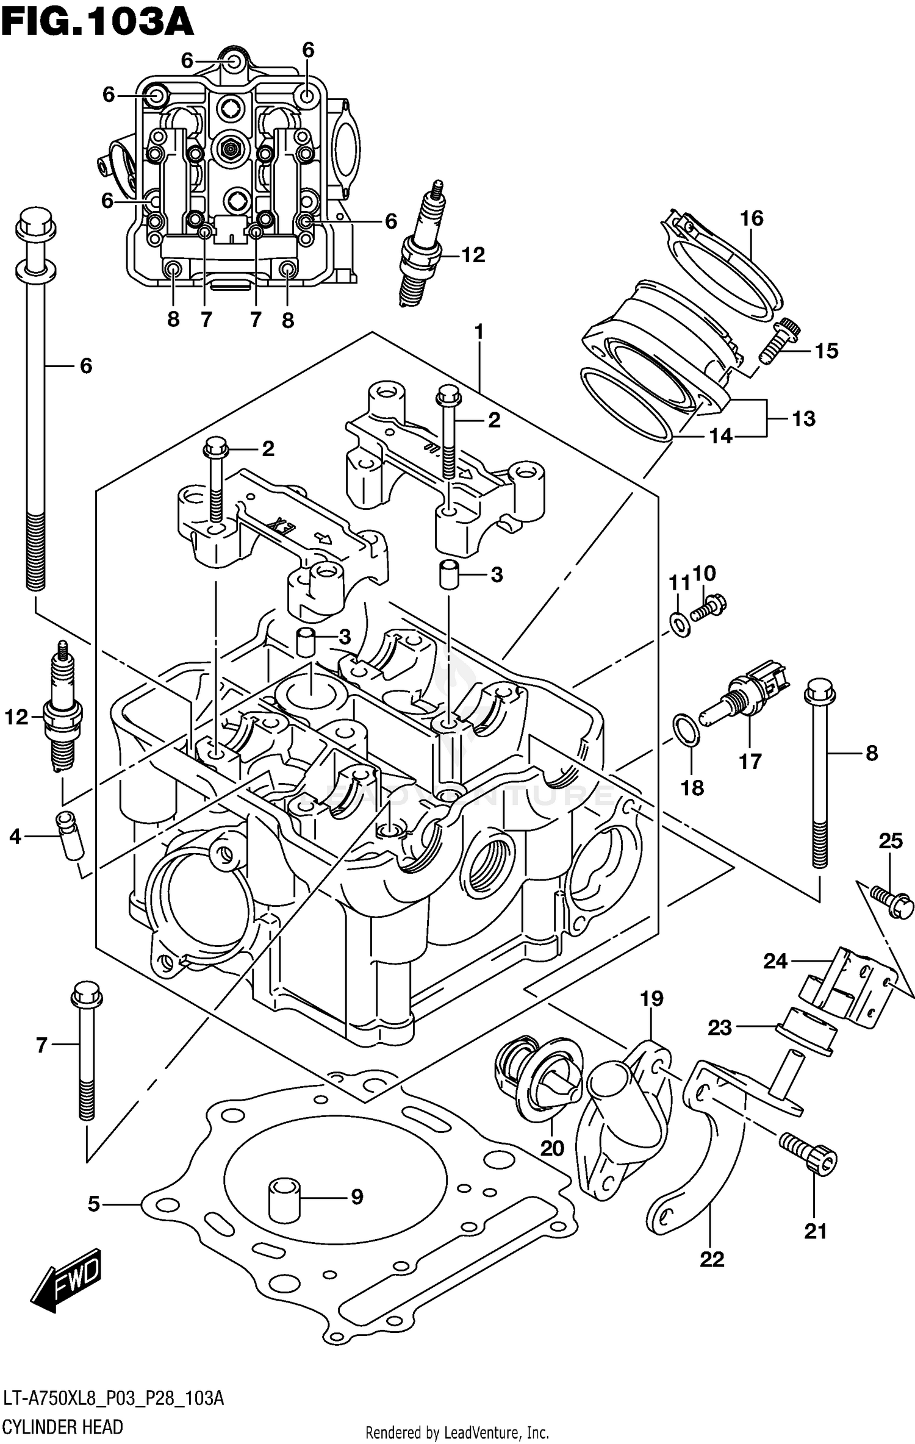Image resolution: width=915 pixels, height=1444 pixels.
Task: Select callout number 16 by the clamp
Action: click(752, 218)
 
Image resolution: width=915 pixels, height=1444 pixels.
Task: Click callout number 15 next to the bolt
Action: click(827, 351)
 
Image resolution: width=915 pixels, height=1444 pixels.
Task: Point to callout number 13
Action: click(803, 419)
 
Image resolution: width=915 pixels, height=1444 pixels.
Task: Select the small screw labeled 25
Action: click(892, 903)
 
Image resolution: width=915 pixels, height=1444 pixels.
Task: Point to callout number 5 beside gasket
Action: click(93, 1204)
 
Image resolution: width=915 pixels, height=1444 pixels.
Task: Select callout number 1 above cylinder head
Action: click(479, 332)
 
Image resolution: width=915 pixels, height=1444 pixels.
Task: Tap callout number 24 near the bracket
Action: click(775, 962)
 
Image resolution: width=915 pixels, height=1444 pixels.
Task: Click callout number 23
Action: click(719, 1028)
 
